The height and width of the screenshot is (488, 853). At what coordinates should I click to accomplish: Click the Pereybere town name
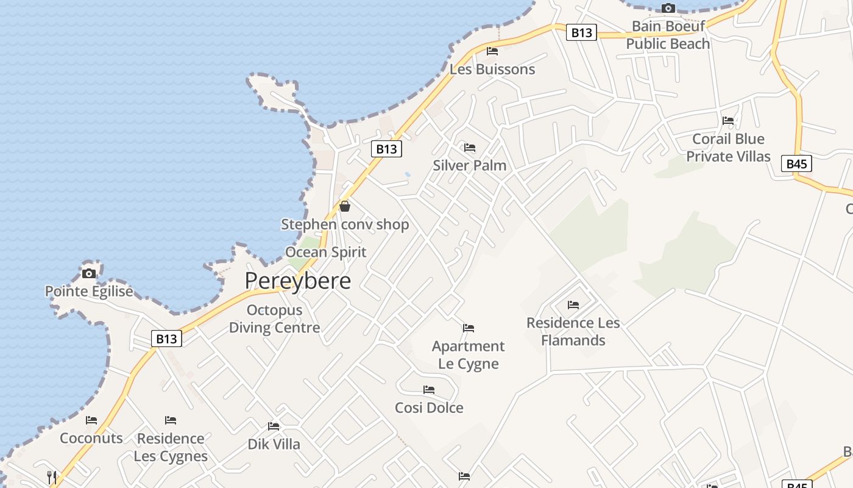pos(298,281)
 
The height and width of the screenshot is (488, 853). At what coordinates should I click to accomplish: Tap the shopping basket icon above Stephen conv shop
pos(345,206)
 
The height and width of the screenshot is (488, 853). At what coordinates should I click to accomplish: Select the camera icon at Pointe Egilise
pos(89,273)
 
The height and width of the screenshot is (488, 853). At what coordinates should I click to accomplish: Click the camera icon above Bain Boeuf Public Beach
pos(668,8)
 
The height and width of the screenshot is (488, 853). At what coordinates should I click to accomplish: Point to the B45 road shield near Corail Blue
pos(796,163)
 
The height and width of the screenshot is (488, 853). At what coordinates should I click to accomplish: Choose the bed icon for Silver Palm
pos(469,148)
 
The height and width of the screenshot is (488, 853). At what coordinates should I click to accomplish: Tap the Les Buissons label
pos(492,69)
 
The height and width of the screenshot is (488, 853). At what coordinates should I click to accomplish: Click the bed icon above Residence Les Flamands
pos(573,304)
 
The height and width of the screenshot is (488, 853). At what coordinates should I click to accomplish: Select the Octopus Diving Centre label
pos(274,318)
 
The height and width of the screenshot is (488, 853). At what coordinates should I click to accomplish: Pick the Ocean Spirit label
pos(326,252)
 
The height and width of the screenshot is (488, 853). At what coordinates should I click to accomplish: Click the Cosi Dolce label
pos(429,407)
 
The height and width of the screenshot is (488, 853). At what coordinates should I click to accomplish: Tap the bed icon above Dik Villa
pos(274,426)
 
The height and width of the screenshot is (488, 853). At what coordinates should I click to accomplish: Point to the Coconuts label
pos(91,438)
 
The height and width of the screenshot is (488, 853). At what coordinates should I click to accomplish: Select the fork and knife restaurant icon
pos(52,476)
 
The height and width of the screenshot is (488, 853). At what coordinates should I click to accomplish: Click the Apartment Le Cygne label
pos(468,354)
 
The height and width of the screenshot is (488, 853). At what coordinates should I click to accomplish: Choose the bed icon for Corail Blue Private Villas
pos(727,121)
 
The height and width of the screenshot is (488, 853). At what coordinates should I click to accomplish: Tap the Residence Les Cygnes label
pos(171,447)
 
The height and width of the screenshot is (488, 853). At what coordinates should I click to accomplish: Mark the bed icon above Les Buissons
pos(492,51)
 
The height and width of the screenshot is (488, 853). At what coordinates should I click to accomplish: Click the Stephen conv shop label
pos(345,224)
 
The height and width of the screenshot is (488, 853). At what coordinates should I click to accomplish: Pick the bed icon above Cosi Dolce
pos(429,389)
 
